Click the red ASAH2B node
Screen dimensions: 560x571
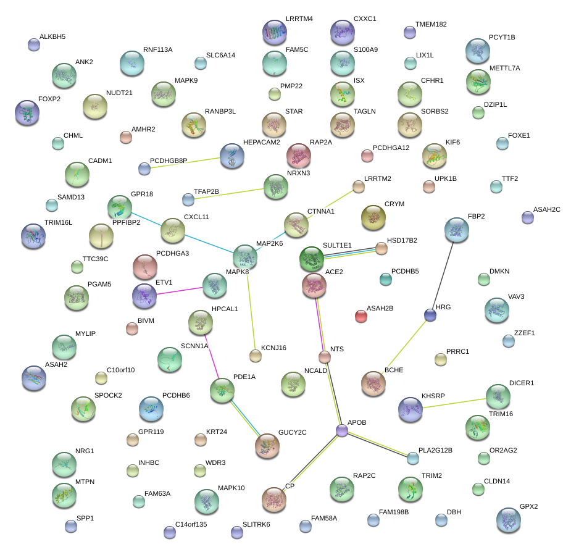361,316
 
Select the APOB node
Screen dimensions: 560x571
342,430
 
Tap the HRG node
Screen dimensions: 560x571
430,316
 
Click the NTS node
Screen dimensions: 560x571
325,356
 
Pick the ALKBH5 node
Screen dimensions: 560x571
34,44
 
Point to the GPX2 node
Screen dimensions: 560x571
508,520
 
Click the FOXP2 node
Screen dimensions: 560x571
27,112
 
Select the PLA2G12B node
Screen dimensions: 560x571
412,458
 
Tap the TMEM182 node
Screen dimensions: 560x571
410,32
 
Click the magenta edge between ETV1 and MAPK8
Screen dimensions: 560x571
180,291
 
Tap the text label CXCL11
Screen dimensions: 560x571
196,217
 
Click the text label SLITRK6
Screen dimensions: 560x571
256,525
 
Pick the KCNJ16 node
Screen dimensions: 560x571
255,355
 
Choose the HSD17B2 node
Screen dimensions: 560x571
381,248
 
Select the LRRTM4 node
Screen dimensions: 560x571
274,32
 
